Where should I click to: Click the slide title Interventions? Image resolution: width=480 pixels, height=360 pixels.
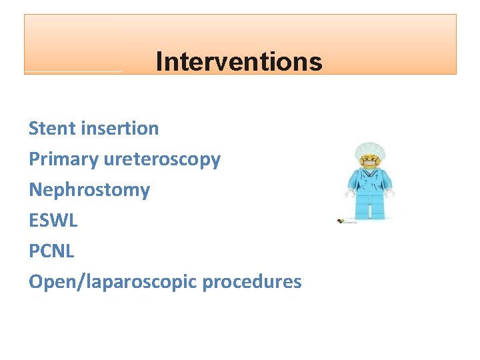pyautogui.click(x=239, y=62)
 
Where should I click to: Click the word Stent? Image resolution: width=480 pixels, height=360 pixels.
pyautogui.click(x=52, y=128)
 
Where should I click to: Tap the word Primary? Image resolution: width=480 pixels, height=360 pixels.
pyautogui.click(x=64, y=159)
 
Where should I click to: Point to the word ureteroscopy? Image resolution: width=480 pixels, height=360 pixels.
pyautogui.click(x=163, y=159)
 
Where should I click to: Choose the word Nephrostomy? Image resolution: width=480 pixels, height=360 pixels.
pyautogui.click(x=89, y=190)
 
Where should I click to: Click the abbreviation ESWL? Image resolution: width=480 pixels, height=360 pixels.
pyautogui.click(x=53, y=220)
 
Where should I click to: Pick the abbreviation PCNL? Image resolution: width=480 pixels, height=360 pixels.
pyautogui.click(x=51, y=251)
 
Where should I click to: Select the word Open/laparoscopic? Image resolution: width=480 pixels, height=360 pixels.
pyautogui.click(x=113, y=281)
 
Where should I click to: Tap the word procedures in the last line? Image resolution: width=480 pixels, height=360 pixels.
pyautogui.click(x=252, y=281)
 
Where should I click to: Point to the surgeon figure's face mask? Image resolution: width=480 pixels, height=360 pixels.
pyautogui.click(x=369, y=161)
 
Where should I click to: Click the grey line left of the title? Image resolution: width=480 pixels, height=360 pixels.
pyautogui.click(x=73, y=71)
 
